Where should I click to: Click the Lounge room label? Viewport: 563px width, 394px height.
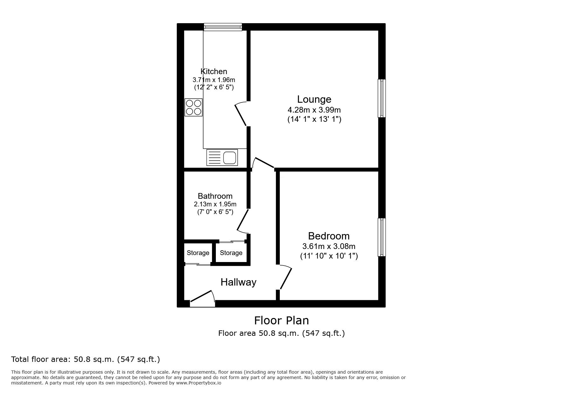pyautogui.click(x=314, y=99)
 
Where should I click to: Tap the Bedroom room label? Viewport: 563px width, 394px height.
pyautogui.click(x=329, y=236)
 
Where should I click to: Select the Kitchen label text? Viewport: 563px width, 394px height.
pyautogui.click(x=214, y=72)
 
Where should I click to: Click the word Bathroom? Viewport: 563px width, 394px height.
pyautogui.click(x=215, y=196)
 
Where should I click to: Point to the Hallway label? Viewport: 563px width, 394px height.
pyautogui.click(x=238, y=282)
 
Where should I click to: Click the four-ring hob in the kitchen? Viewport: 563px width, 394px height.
pyautogui.click(x=194, y=107)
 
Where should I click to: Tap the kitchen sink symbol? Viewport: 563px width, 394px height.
pyautogui.click(x=222, y=157)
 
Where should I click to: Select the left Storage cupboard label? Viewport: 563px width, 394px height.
pyautogui.click(x=198, y=253)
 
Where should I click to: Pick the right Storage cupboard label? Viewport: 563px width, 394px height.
pyautogui.click(x=231, y=253)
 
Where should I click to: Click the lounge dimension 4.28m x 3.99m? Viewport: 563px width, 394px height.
pyautogui.click(x=314, y=110)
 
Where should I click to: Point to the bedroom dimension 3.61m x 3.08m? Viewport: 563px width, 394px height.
pyautogui.click(x=329, y=246)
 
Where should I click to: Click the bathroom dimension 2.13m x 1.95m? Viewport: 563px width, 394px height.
pyautogui.click(x=215, y=204)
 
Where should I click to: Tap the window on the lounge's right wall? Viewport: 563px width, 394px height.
pyautogui.click(x=381, y=98)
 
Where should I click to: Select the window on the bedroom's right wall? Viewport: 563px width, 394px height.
pyautogui.click(x=381, y=237)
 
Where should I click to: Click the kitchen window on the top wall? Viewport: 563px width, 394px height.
pyautogui.click(x=223, y=27)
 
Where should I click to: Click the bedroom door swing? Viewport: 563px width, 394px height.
pyautogui.click(x=285, y=278)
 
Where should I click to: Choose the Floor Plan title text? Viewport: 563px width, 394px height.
pyautogui.click(x=281, y=320)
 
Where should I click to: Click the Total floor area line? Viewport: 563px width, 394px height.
pyautogui.click(x=86, y=359)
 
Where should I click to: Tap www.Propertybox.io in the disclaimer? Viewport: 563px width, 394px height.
pyautogui.click(x=199, y=383)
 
